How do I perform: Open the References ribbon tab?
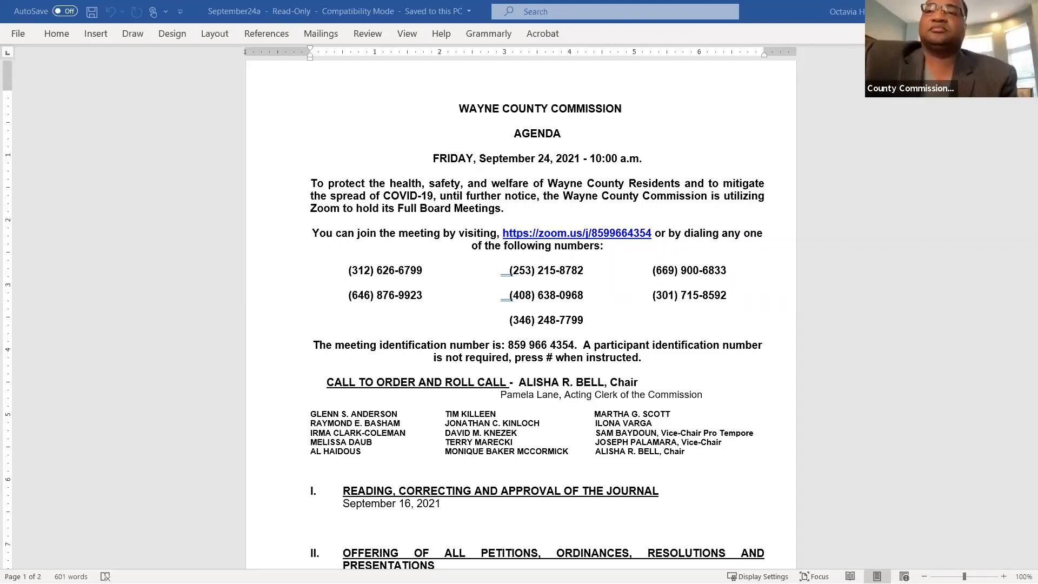[266, 34]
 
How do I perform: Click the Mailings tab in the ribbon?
[321, 34]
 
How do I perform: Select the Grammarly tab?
[488, 34]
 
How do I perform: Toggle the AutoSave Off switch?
[65, 11]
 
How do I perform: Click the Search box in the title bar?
[615, 11]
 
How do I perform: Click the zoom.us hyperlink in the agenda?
[576, 233]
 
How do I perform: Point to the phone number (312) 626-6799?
[385, 270]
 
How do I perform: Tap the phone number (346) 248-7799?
[546, 320]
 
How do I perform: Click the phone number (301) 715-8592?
[689, 295]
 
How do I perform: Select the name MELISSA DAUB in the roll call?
[341, 442]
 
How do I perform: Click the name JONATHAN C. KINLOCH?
[492, 423]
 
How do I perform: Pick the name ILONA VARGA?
[623, 423]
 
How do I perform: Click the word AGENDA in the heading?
[537, 134]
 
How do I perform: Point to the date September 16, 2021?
[391, 503]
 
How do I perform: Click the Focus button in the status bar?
[814, 576]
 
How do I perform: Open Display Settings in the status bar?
[757, 576]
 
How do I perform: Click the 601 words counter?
[71, 576]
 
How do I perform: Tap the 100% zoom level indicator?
[1023, 576]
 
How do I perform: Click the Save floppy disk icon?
[92, 11]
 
